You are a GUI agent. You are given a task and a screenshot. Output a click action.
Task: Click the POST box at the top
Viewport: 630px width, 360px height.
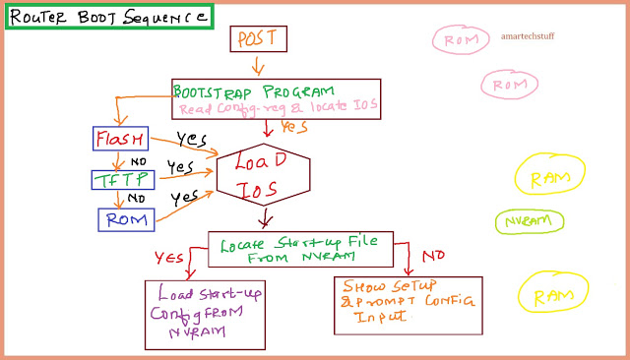point(258,38)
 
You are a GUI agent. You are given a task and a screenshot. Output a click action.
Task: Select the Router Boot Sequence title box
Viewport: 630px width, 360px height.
point(107,17)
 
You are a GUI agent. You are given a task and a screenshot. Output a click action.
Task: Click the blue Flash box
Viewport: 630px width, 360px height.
point(120,139)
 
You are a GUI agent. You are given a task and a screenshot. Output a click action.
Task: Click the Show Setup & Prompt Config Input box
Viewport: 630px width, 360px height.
point(407,303)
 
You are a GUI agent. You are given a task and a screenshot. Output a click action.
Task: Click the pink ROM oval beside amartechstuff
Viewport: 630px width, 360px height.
point(462,40)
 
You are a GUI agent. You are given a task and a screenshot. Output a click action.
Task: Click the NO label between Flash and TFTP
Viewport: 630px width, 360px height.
point(139,160)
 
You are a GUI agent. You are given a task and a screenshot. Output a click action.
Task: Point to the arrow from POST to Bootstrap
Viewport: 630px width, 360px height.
point(259,66)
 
